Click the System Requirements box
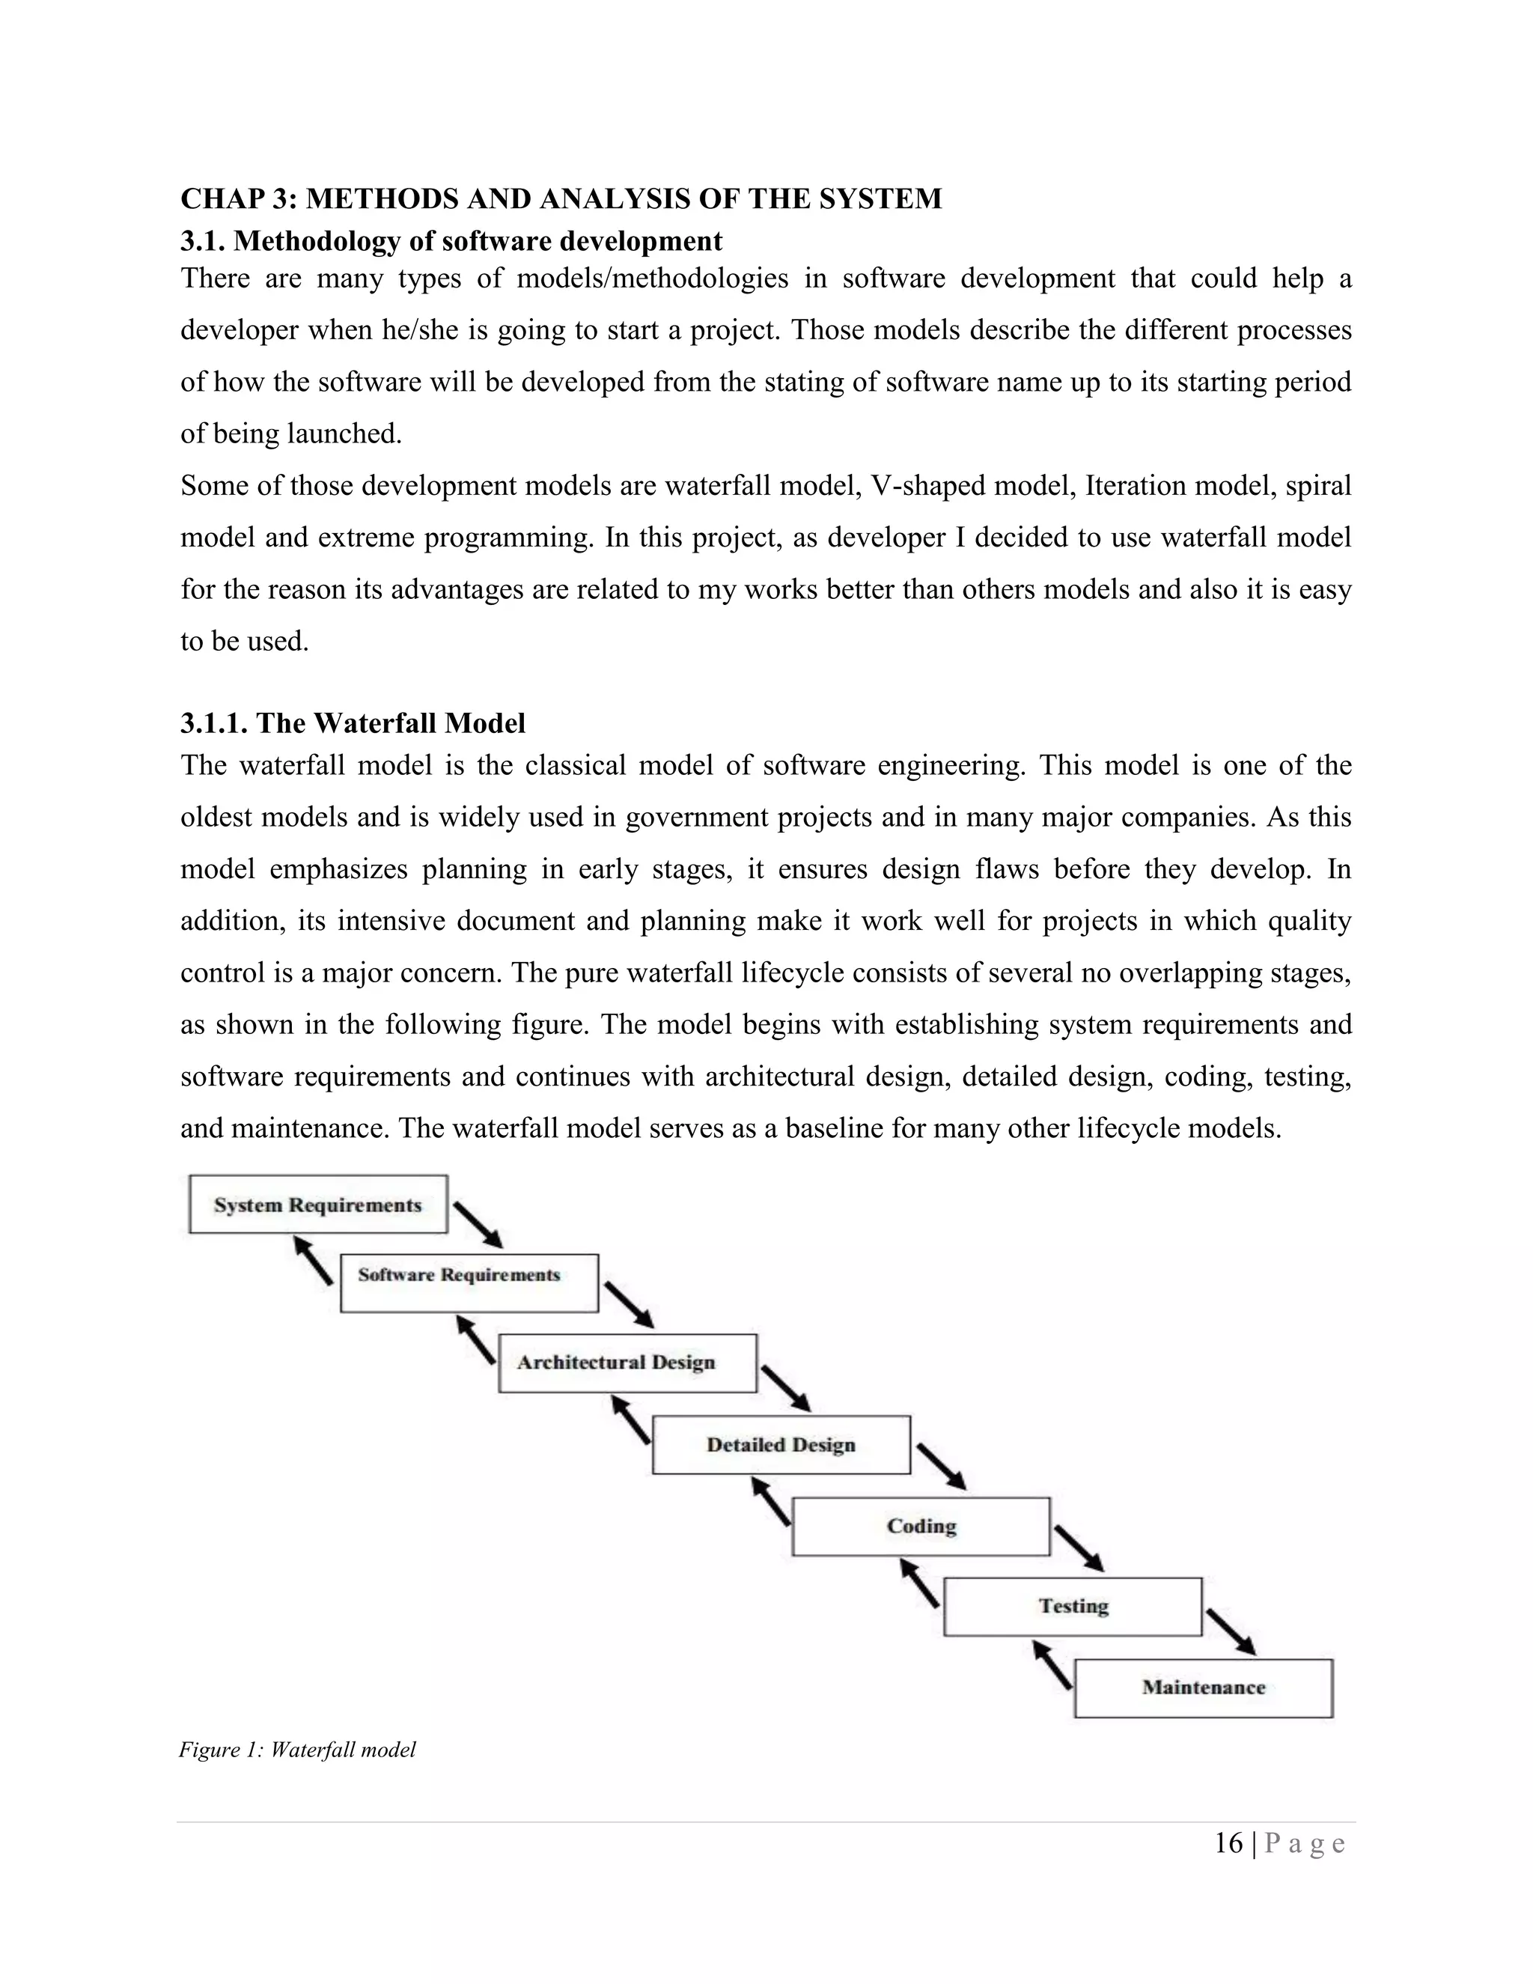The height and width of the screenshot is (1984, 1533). pos(318,1205)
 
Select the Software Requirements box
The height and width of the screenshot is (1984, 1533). pos(469,1282)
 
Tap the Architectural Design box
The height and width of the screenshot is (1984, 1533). pos(627,1363)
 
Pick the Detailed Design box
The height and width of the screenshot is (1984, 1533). pos(781,1444)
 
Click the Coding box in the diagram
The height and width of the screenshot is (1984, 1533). pos(921,1526)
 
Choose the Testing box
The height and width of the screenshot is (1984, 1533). pos(1073,1606)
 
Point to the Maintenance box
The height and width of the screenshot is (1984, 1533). pos(1204,1688)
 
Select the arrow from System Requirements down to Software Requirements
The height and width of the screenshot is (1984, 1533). pos(478,1226)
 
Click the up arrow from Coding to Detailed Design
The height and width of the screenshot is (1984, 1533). pos(771,1500)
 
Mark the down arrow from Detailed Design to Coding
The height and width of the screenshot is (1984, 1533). pos(941,1466)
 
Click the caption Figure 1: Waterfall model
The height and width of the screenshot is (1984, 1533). pos(297,1750)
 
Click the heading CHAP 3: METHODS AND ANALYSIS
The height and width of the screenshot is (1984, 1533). pos(561,199)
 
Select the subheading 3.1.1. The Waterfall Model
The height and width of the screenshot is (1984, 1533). pos(353,723)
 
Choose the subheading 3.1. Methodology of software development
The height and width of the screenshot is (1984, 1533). pos(451,241)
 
